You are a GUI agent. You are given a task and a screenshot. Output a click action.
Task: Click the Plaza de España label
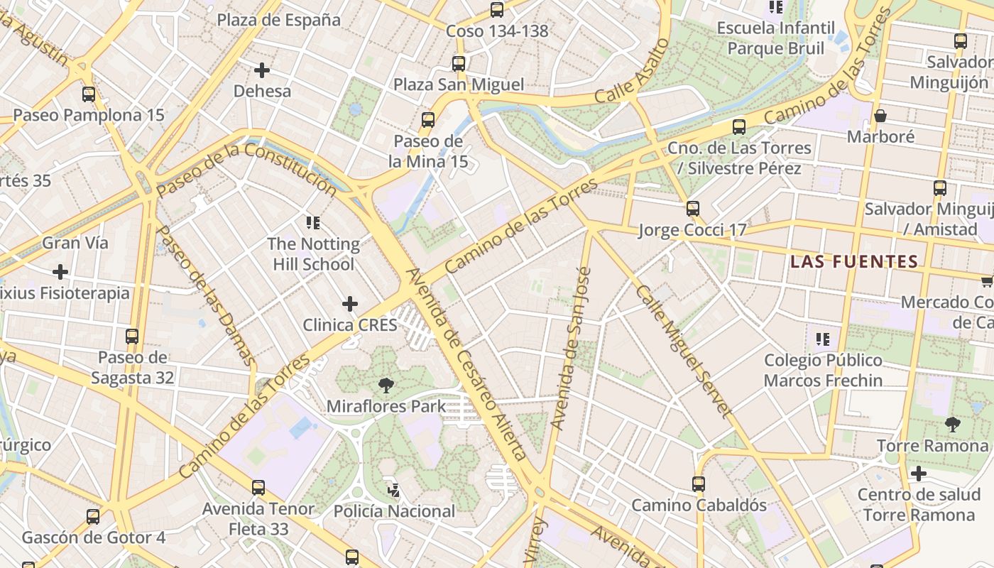[x=279, y=20]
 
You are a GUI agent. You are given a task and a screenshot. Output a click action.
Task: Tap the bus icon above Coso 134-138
[x=497, y=10]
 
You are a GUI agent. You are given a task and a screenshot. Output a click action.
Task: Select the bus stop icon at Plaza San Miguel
[x=459, y=64]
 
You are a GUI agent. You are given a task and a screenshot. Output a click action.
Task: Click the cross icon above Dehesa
[x=262, y=70]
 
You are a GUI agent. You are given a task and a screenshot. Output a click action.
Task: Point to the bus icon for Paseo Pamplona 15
[x=89, y=94]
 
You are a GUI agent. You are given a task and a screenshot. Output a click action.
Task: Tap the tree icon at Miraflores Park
[x=386, y=386]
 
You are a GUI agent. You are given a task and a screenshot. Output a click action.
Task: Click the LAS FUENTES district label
[x=854, y=262]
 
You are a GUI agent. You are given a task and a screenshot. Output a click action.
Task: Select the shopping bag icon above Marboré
[x=880, y=116]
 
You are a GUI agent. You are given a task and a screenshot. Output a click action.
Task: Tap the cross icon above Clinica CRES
[x=349, y=305]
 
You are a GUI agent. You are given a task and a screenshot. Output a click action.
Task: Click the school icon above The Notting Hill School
[x=313, y=223]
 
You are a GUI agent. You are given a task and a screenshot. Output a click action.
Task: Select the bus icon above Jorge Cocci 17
[x=693, y=209]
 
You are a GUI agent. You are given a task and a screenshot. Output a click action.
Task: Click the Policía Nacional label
[x=394, y=511]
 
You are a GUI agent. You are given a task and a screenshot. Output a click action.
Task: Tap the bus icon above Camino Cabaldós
[x=699, y=484]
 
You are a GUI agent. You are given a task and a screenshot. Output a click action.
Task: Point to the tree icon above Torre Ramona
[x=953, y=425]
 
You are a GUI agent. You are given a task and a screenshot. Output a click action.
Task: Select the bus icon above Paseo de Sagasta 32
[x=132, y=337]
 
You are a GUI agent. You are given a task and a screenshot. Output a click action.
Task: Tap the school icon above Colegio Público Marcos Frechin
[x=823, y=339]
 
